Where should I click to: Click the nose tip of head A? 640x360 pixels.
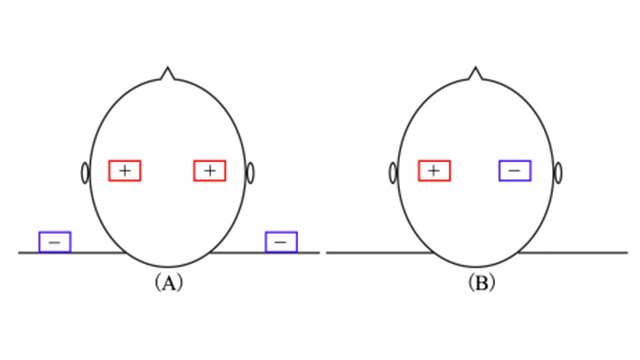pos(167,68)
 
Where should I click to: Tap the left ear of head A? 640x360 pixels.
pos(85,173)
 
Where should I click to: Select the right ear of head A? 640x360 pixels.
pos(250,173)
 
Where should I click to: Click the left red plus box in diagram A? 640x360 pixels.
pos(125,171)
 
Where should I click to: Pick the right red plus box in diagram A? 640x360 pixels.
pos(210,171)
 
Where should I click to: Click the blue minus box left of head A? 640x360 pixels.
pos(55,242)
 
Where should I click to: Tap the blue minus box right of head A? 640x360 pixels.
pos(281,242)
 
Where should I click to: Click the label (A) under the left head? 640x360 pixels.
pos(169,282)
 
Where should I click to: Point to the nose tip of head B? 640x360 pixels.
pos(476,68)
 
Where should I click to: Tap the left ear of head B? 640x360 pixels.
pos(393,173)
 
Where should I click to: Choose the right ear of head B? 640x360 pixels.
pos(558,173)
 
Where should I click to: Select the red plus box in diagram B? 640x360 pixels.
pos(434,171)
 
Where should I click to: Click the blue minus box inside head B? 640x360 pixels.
pos(515,171)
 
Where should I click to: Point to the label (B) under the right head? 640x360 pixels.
pos(482,282)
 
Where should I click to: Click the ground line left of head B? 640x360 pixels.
pos(380,253)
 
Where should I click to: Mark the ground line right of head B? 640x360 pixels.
pos(573,253)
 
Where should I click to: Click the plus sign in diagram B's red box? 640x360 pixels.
pos(434,171)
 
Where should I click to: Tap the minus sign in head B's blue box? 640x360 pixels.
pos(515,171)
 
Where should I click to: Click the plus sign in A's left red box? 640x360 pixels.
pos(125,171)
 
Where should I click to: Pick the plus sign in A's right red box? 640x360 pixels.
pos(210,171)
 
